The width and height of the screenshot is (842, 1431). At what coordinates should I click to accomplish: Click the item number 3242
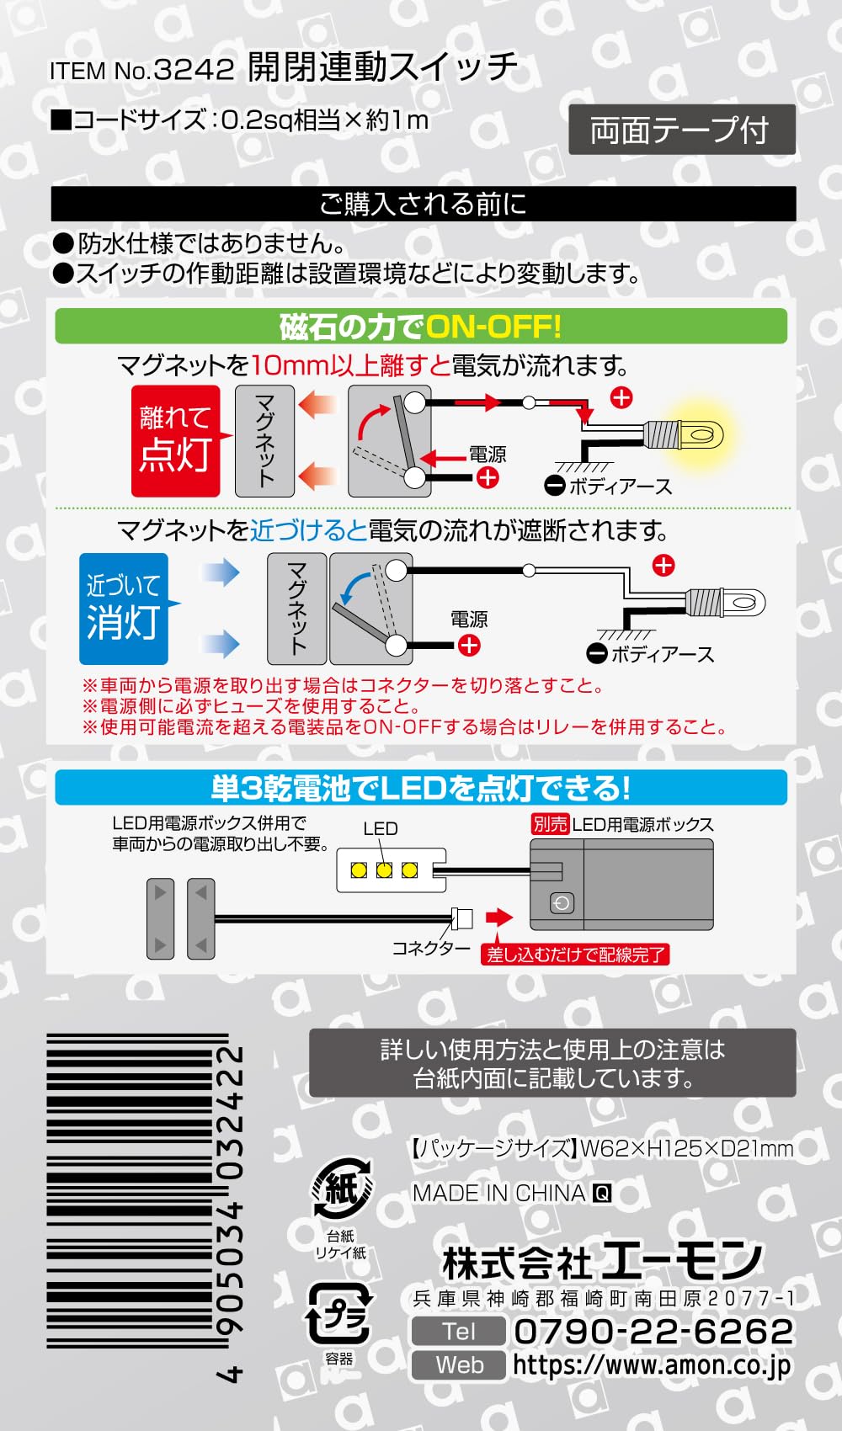195,69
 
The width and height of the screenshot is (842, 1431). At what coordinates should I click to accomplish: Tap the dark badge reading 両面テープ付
682,130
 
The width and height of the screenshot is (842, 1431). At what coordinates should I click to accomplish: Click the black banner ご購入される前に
423,204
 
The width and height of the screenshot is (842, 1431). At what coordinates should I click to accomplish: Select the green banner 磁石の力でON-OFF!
420,327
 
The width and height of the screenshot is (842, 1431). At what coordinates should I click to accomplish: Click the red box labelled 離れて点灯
176,441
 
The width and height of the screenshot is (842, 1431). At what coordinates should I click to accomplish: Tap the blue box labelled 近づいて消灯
124,608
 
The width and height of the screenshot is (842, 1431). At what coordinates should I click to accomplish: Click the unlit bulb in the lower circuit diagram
726,602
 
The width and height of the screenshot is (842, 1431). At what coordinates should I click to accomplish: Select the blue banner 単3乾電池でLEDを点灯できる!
420,788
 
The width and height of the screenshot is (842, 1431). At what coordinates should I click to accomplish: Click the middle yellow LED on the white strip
384,870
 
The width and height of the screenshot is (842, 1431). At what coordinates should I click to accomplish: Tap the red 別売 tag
550,824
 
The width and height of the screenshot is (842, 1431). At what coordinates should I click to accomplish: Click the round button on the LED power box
562,902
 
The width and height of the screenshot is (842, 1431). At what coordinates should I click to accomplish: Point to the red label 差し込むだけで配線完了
575,955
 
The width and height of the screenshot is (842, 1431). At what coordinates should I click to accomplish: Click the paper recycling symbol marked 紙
342,1189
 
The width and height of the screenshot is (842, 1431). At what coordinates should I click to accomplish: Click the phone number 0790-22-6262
653,1332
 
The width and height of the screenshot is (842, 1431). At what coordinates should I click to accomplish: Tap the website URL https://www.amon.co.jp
653,1365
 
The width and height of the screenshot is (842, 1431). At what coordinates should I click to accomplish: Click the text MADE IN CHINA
499,1194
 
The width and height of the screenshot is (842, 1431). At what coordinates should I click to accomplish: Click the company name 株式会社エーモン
602,1262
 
